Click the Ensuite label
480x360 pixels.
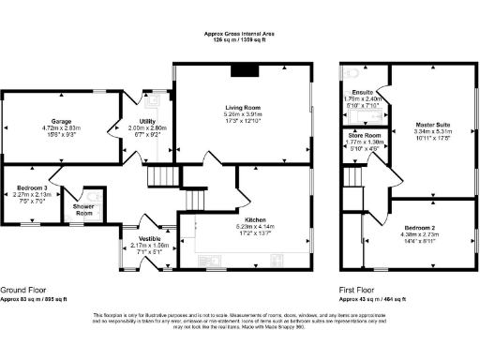tap(363, 91)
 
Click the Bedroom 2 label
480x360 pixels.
tap(419, 228)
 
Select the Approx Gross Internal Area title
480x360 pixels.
tap(239, 34)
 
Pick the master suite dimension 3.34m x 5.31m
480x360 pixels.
tap(434, 131)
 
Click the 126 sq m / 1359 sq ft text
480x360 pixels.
tap(239, 40)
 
